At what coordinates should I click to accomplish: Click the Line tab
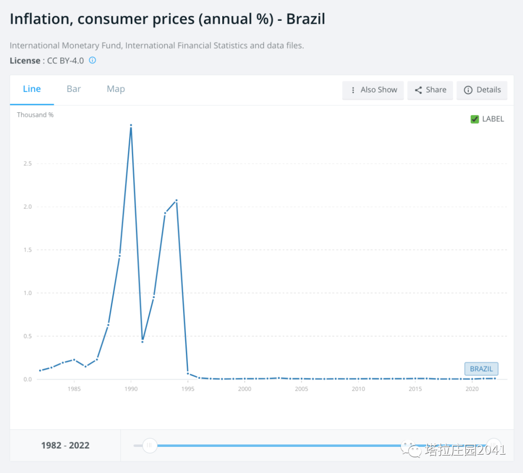point(32,89)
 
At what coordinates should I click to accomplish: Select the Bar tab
point(74,89)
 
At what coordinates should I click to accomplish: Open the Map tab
point(116,89)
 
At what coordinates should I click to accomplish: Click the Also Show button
point(373,90)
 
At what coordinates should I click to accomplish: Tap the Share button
point(431,90)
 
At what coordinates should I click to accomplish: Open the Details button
point(482,90)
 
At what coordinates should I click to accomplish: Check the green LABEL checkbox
point(475,119)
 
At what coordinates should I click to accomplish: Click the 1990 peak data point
point(131,125)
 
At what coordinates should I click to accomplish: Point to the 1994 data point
point(176,200)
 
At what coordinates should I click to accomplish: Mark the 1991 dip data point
point(142,342)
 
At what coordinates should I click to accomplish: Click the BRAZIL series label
point(481,369)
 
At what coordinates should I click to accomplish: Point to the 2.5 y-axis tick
point(27,164)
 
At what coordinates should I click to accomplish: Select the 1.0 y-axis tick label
point(27,293)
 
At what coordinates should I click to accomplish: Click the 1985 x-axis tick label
point(74,389)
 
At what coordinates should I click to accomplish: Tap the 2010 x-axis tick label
point(358,389)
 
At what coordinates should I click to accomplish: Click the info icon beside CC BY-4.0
point(92,61)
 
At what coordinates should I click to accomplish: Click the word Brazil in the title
point(306,19)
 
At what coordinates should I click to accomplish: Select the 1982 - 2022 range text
point(65,445)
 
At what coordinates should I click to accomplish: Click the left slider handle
point(150,445)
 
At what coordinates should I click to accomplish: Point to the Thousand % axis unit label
point(35,115)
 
